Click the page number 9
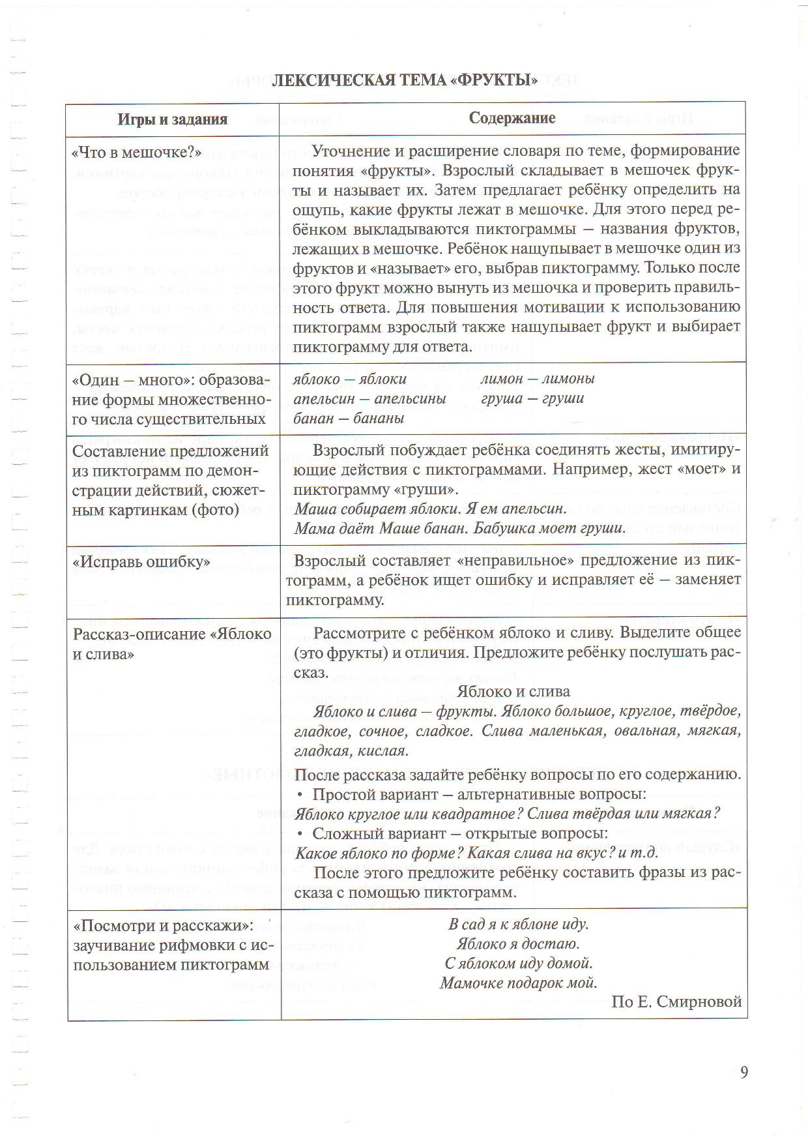[x=744, y=1072]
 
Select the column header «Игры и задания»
[x=173, y=119]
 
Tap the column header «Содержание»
[x=512, y=117]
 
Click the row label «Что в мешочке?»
[x=136, y=152]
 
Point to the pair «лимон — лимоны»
[x=538, y=378]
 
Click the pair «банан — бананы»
[x=349, y=418]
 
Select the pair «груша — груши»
[x=532, y=398]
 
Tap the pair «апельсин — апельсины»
[x=369, y=398]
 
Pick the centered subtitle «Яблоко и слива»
[x=513, y=691]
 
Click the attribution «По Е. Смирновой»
[x=676, y=1002]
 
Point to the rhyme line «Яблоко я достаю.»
[x=519, y=943]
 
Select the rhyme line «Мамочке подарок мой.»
[x=519, y=983]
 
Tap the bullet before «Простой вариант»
[x=300, y=795]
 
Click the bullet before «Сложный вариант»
[x=300, y=834]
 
